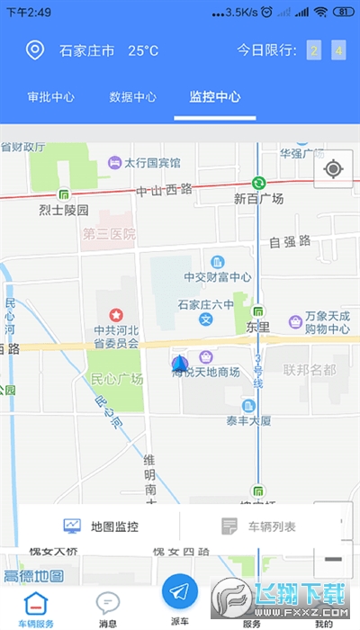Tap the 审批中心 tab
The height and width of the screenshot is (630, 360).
point(50,96)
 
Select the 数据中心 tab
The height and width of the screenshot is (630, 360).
point(132,96)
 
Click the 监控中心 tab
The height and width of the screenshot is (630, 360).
point(214,96)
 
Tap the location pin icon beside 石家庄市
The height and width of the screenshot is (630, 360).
point(34,50)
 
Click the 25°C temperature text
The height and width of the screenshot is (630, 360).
point(142,50)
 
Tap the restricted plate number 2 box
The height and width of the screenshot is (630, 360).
point(314,50)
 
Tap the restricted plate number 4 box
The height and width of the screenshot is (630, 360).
point(338,50)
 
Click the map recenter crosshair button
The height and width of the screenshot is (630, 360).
point(333,168)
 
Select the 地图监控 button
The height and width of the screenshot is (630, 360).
point(101,526)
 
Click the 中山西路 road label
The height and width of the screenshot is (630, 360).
point(165,190)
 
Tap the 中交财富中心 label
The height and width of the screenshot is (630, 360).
point(217,277)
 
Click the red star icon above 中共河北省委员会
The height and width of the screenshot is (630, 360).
point(116,315)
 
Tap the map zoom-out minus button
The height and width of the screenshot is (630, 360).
point(333,559)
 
